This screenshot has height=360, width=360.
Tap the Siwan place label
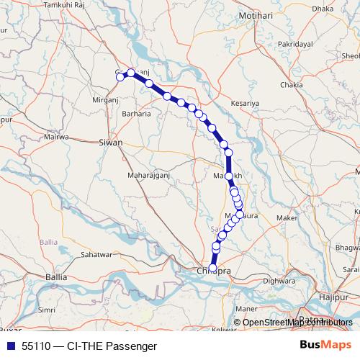click(111, 143)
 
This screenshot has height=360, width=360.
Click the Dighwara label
click(279, 281)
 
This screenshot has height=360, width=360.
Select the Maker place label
click(286, 217)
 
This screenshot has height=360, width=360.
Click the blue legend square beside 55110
click(9, 346)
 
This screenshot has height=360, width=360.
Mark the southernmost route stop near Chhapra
click(213, 268)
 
